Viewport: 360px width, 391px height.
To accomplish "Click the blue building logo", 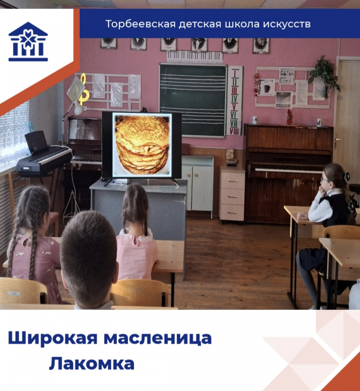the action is pyautogui.click(x=28, y=41).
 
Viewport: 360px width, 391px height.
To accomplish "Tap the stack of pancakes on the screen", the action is pyautogui.click(x=143, y=145).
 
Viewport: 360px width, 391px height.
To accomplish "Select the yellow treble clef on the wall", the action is pyautogui.click(x=83, y=89).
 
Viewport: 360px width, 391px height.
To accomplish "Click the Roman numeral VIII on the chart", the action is pyautogui.click(x=234, y=131).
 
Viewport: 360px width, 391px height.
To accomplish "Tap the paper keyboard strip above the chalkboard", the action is pyautogui.click(x=194, y=56).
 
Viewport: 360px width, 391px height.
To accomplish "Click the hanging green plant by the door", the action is pyautogui.click(x=324, y=76).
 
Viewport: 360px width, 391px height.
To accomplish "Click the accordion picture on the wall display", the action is pyautogui.click(x=265, y=87).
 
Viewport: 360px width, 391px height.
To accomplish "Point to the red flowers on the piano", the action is pyautogui.click(x=289, y=117).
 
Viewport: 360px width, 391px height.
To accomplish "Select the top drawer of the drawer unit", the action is pyautogui.click(x=232, y=180).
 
